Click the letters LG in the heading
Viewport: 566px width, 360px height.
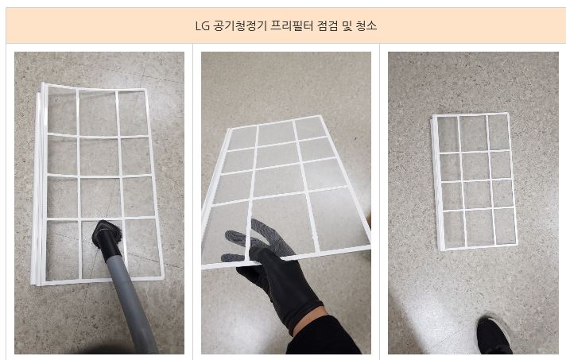point(202,26)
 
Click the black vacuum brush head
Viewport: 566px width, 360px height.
point(107,234)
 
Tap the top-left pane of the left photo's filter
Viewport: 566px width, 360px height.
point(63,111)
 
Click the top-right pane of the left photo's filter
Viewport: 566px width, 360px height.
point(133,114)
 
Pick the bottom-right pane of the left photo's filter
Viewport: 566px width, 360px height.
point(142,248)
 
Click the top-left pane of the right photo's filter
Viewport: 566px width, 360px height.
point(448,134)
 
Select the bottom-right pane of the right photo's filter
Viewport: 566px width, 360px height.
point(505,226)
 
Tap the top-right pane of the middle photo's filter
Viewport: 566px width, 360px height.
point(312,128)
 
